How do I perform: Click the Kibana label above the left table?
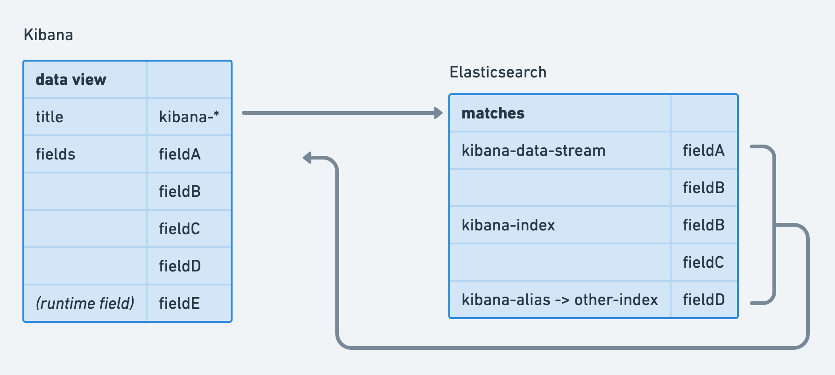[x=48, y=35]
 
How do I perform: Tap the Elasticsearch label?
[x=498, y=72]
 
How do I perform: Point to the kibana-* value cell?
[x=189, y=117]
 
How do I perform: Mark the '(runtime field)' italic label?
[x=85, y=303]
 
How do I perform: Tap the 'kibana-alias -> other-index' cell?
[x=560, y=299]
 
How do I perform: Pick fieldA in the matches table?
[x=704, y=150]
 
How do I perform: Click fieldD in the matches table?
[x=704, y=299]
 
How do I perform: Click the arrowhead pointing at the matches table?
[x=438, y=113]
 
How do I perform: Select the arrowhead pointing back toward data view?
[x=307, y=158]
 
